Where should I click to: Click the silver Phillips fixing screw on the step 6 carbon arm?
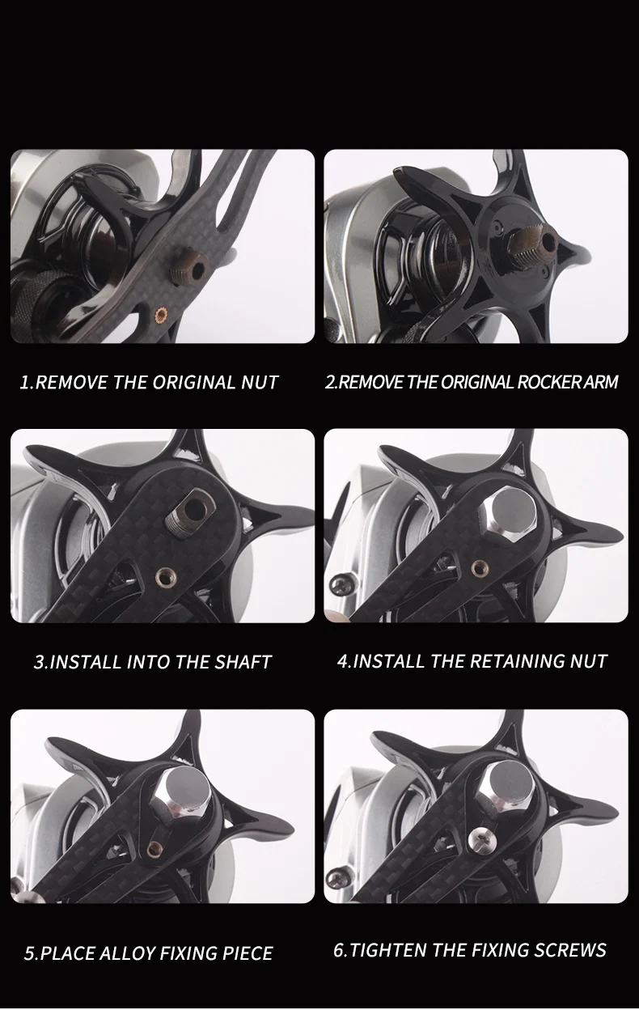coord(480,839)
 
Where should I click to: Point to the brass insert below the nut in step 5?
coord(156,847)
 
